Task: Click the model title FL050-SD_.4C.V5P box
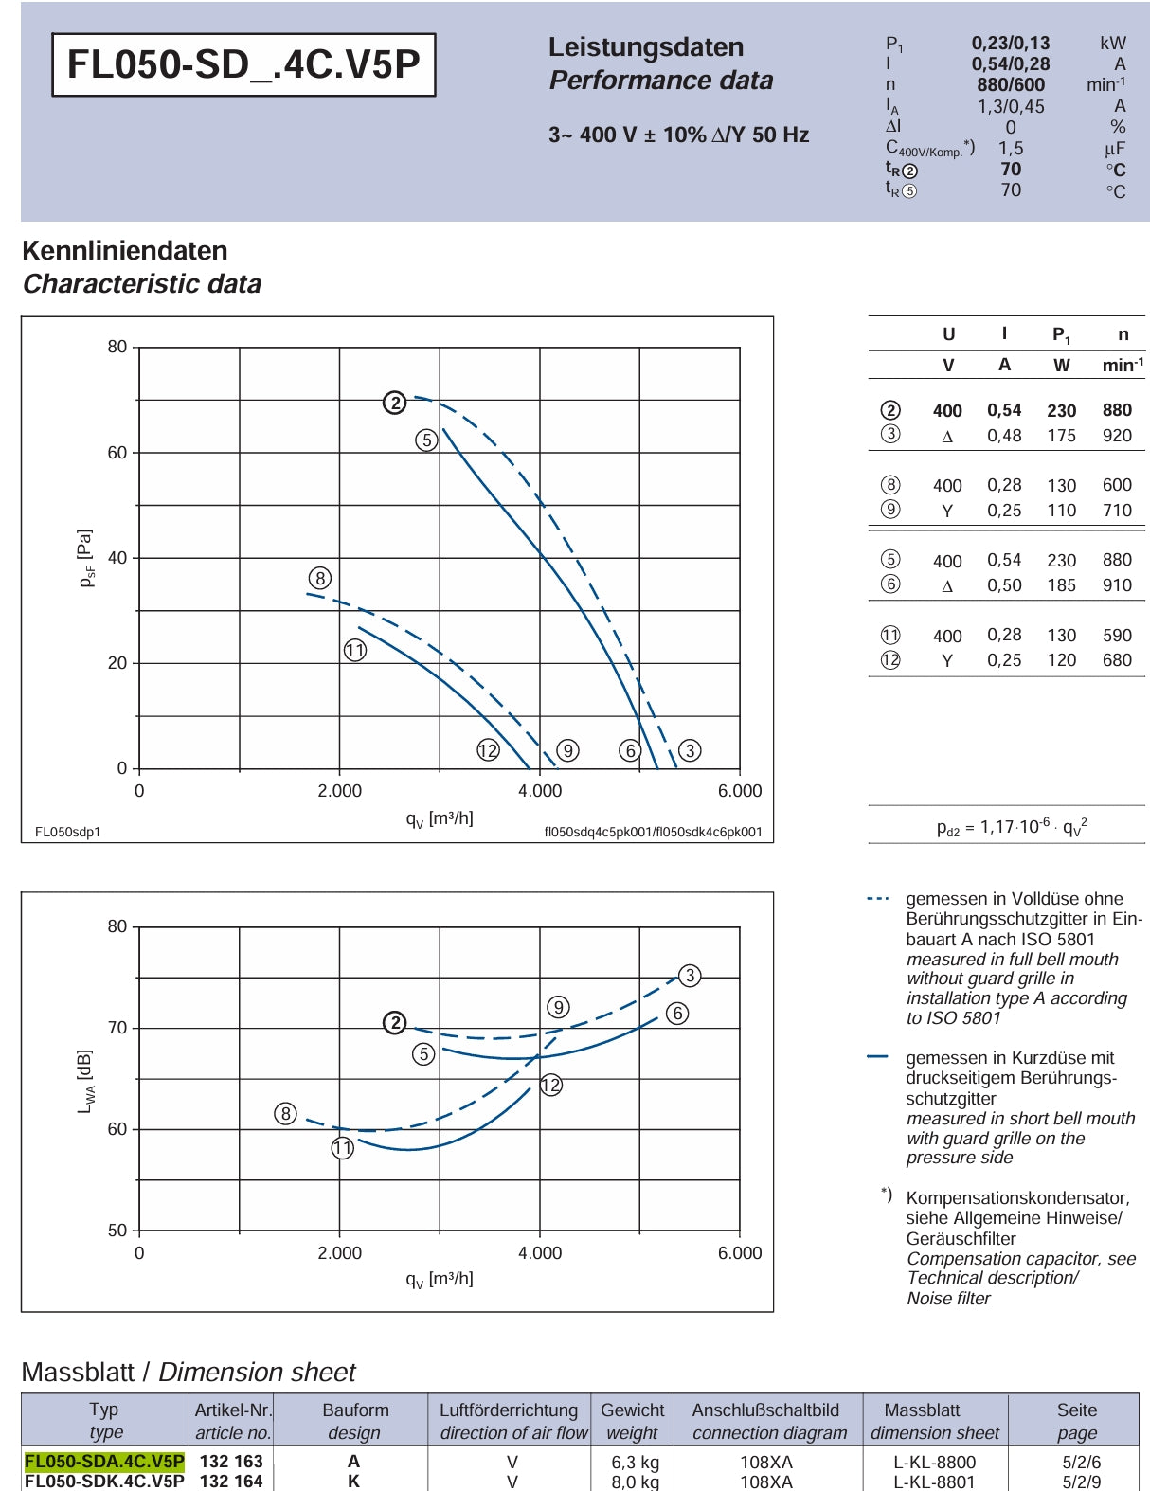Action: (x=243, y=64)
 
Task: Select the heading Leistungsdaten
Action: (x=646, y=46)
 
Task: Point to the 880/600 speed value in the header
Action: (x=1011, y=85)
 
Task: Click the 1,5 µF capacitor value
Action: (x=1010, y=148)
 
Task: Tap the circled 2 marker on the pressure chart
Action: (x=394, y=402)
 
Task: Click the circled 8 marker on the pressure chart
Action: (x=320, y=578)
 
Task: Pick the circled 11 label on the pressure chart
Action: (x=354, y=650)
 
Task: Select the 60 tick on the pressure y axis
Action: (x=117, y=453)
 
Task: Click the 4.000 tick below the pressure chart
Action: (x=540, y=790)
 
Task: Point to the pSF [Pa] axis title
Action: (x=86, y=558)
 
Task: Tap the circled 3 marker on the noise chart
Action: (x=690, y=975)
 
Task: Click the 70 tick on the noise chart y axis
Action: (x=117, y=1028)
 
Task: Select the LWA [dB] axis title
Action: (x=85, y=1081)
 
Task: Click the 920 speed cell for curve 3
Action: (x=1117, y=435)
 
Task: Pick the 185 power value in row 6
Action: (x=1062, y=585)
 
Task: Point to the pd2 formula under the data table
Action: (x=1012, y=826)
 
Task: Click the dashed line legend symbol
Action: (x=878, y=898)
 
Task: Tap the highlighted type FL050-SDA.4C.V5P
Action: (x=104, y=1461)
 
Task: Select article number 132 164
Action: (x=231, y=1481)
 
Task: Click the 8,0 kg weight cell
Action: (x=635, y=1482)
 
